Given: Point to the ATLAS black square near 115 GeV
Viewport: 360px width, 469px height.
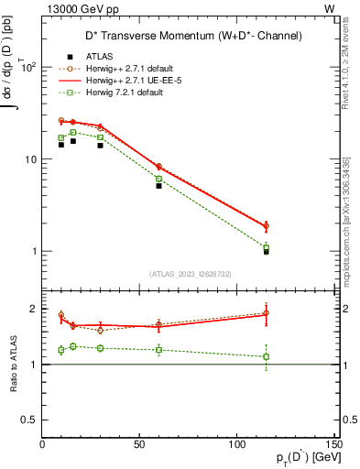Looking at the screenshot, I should pyautogui.click(x=267, y=251).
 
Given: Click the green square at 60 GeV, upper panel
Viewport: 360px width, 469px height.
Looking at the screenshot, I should pyautogui.click(x=158, y=179).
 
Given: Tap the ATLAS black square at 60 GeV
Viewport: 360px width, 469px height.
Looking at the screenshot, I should pyautogui.click(x=158, y=186).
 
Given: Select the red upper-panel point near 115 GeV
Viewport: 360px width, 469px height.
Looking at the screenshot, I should pyautogui.click(x=267, y=225).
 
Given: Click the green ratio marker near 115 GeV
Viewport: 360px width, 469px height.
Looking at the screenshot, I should pyautogui.click(x=267, y=356).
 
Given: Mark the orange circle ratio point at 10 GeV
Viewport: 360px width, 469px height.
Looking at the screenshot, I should pyautogui.click(x=61, y=315).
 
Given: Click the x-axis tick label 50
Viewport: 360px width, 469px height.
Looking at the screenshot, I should pyautogui.click(x=139, y=445).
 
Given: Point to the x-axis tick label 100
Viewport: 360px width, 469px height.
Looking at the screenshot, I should pyautogui.click(x=237, y=445).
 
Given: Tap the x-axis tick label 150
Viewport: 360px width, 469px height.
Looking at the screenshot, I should pyautogui.click(x=334, y=445).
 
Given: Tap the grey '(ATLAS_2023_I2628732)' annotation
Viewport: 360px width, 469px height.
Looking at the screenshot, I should pyautogui.click(x=191, y=273).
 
